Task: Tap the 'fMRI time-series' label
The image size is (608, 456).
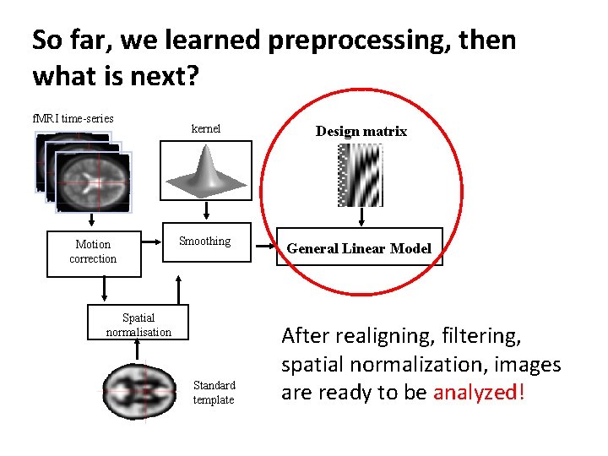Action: coord(73,118)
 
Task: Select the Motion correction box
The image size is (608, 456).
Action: coord(93,252)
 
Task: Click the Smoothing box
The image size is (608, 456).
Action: coord(204,242)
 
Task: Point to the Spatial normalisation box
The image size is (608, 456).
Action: coord(138,325)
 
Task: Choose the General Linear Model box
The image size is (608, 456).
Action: coord(359,248)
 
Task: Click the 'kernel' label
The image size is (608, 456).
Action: coord(206,129)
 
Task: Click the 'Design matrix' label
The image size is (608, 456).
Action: coord(361,131)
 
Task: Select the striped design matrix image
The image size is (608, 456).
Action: coord(360,175)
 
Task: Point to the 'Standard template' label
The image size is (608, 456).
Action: coord(214,393)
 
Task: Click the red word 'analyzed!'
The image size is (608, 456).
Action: coord(479,393)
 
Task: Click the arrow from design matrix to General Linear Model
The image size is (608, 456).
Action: coord(361,217)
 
